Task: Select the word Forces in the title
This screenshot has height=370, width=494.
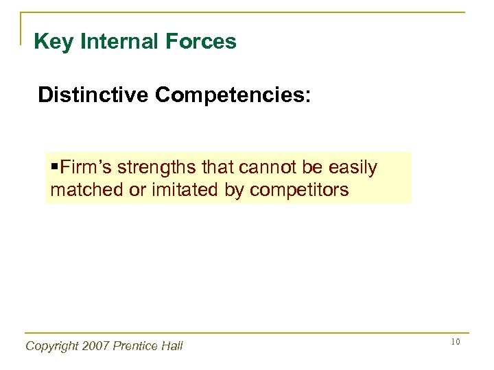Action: pyautogui.click(x=205, y=42)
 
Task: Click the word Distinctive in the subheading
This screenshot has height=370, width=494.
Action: pyautogui.click(x=93, y=95)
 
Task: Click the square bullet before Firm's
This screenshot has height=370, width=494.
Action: pyautogui.click(x=54, y=168)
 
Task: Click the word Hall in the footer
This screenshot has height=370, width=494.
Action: pyautogui.click(x=172, y=346)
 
